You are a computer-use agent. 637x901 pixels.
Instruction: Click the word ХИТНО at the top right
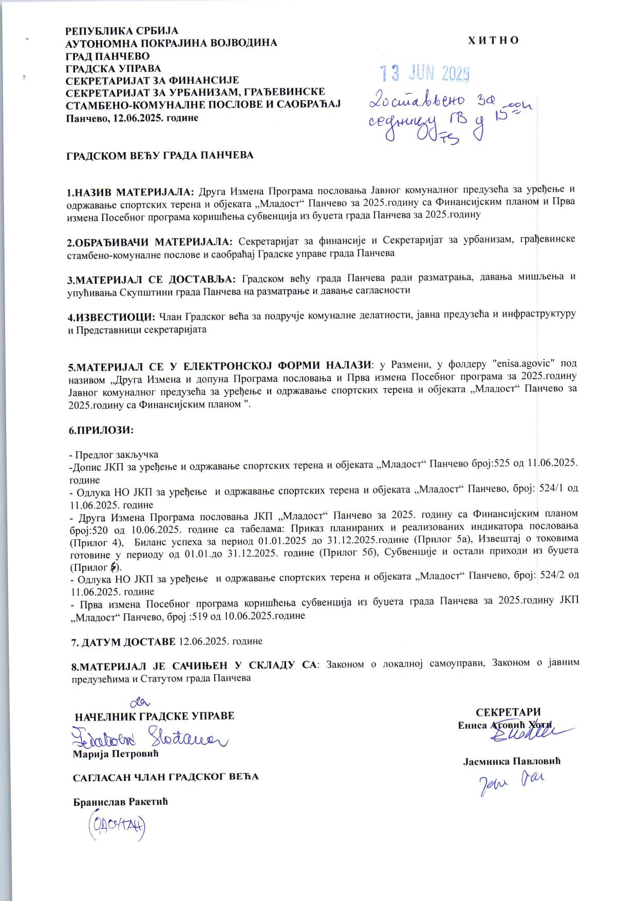[493, 41]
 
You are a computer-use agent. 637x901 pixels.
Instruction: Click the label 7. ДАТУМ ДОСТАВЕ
[123, 641]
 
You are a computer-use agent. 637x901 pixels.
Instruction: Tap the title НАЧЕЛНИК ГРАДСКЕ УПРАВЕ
[155, 716]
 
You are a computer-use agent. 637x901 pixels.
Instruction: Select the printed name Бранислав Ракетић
[121, 801]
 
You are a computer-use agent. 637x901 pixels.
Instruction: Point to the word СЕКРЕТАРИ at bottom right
[508, 712]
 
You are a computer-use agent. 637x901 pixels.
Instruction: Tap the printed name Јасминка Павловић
[511, 761]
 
